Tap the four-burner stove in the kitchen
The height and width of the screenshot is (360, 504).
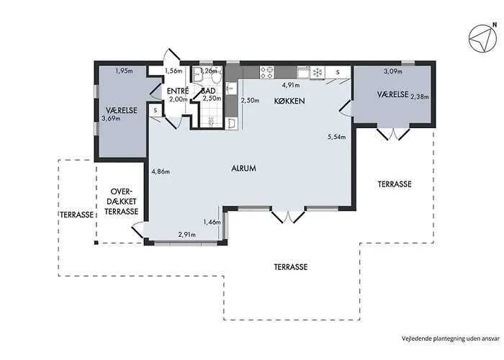point(267,72)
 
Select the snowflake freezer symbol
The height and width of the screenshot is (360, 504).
point(318,72)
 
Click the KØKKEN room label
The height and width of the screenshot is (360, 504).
point(289,101)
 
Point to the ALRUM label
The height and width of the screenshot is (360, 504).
point(243,168)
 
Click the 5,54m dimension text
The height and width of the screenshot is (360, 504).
point(336,137)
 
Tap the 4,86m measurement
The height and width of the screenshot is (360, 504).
point(161,171)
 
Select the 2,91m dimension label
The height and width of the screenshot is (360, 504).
point(186,235)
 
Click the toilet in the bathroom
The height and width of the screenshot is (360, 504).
point(216,77)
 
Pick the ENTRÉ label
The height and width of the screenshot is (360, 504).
point(177,91)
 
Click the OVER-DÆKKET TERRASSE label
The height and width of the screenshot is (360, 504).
point(121,202)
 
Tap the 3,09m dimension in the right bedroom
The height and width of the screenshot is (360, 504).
point(393,71)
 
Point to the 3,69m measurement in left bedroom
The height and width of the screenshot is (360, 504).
point(111,118)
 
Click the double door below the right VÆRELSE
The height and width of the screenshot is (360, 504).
point(393,133)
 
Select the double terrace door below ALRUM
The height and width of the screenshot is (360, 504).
point(288,216)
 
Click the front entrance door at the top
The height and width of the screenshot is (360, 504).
point(171,55)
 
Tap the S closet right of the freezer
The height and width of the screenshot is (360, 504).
point(338,72)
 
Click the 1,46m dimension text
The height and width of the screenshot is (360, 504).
point(212,222)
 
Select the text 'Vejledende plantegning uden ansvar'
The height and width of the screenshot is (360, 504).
point(451,338)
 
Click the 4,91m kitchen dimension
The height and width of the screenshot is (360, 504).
point(291,85)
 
